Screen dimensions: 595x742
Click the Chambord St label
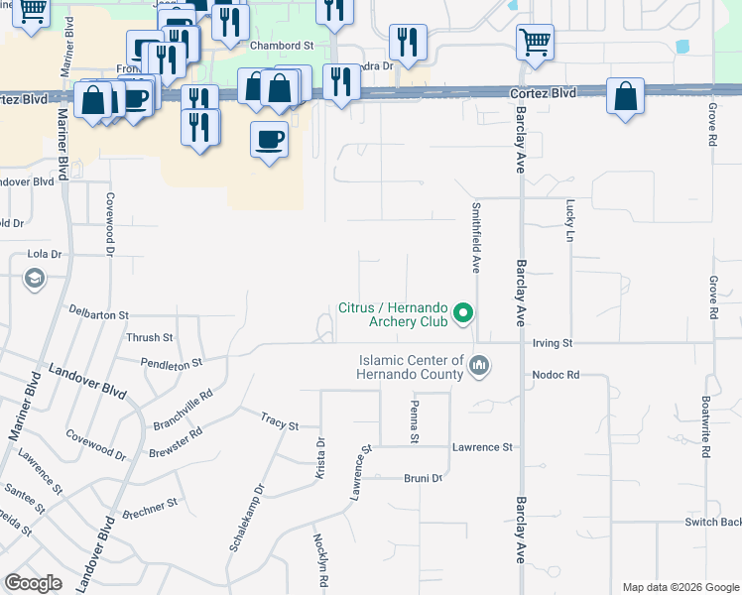coord(282,46)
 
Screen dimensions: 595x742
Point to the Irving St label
coord(554,343)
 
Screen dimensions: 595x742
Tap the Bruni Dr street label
coord(423,478)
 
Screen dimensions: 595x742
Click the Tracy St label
coord(280,424)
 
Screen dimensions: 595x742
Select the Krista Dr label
coord(320,458)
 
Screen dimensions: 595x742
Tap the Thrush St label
coord(150,338)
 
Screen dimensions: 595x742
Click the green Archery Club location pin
coord(462,315)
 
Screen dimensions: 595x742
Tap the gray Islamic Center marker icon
coord(479,367)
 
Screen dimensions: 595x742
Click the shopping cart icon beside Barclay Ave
coord(536,43)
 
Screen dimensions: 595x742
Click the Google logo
coord(35,583)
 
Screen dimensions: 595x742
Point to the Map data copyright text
coord(680,587)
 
